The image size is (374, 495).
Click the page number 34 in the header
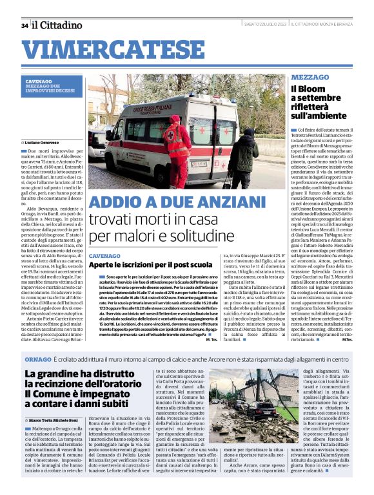(25, 25)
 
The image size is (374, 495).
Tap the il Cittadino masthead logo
(58, 25)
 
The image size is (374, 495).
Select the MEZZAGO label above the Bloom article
(310, 77)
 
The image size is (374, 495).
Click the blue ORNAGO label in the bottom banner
(34, 357)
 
